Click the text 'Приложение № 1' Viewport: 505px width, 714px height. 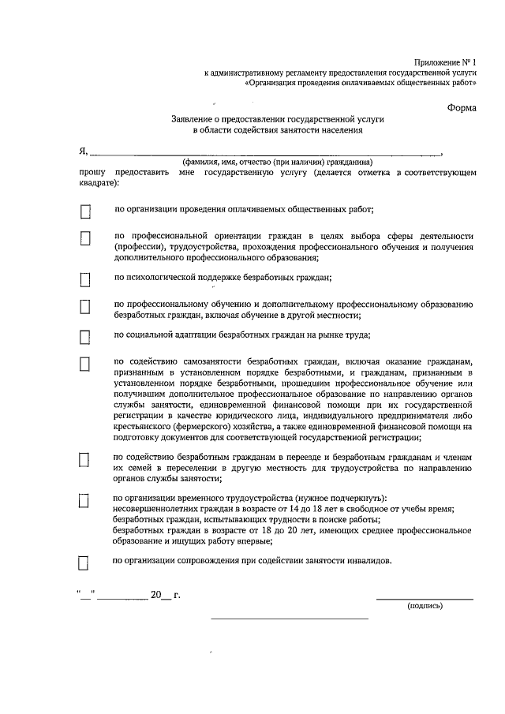(x=446, y=62)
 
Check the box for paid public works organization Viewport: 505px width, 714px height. (x=85, y=211)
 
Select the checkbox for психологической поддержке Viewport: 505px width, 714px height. (x=85, y=278)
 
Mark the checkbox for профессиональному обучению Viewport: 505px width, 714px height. (x=85, y=306)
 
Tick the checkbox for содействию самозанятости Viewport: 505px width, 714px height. (x=85, y=364)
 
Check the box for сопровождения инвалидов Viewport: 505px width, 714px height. (x=85, y=562)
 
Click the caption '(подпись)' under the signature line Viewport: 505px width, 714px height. (x=425, y=606)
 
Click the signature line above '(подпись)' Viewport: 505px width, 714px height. (x=425, y=599)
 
